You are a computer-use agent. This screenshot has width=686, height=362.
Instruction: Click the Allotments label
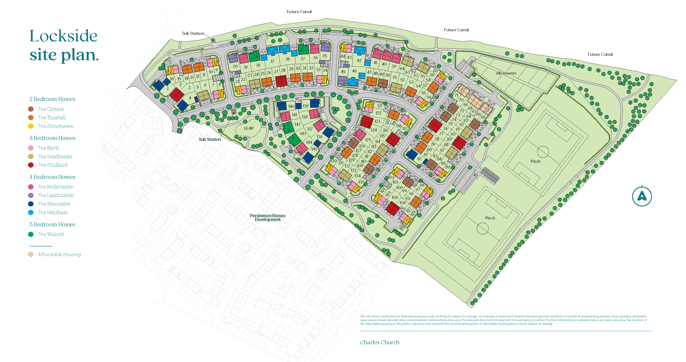click(x=506, y=73)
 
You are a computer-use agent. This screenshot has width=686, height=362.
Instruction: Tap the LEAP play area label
click(x=249, y=128)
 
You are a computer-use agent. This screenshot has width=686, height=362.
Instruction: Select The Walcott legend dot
click(x=31, y=234)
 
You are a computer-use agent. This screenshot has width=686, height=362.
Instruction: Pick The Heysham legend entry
click(x=53, y=213)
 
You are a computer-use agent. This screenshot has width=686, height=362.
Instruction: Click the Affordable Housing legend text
click(x=59, y=255)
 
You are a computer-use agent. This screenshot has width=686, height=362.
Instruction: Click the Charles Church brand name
click(x=380, y=342)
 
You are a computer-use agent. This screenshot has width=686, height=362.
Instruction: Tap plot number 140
click(x=291, y=106)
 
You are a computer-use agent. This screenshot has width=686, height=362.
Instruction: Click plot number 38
click(x=287, y=59)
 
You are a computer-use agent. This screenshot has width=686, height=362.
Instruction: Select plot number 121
click(x=380, y=106)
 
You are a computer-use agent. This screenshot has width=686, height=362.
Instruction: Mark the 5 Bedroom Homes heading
click(x=52, y=224)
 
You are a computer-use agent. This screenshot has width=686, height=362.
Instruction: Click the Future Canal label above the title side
click(x=299, y=12)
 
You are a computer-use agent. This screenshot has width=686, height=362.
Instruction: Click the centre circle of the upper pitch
click(x=543, y=152)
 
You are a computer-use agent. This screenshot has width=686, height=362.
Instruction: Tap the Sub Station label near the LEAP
click(x=209, y=139)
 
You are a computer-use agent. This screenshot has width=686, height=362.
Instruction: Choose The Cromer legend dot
click(x=31, y=109)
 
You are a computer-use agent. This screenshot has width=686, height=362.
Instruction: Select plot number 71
click(x=456, y=95)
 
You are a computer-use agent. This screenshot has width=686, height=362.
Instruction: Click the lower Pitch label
click(x=490, y=218)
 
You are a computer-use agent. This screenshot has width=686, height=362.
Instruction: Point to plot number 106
click(x=403, y=203)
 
